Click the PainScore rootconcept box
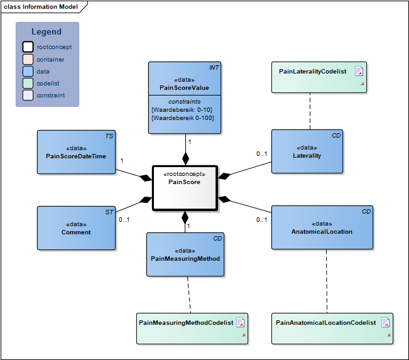185,188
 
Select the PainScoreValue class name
184,88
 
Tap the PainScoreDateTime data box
76,152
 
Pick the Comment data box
76,228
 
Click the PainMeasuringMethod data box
185,254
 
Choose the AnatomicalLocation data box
322,227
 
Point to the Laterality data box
307,151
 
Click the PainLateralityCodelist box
319,77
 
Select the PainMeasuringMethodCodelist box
192,329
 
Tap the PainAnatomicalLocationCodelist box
332,329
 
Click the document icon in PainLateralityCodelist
359,71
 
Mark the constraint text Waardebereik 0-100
183,118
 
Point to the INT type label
214,68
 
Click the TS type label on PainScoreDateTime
109,136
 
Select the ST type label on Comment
109,212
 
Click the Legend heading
46,32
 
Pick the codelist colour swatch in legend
28,84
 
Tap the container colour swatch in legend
28,59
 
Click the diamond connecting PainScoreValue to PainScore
185,159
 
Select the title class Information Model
41,7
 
